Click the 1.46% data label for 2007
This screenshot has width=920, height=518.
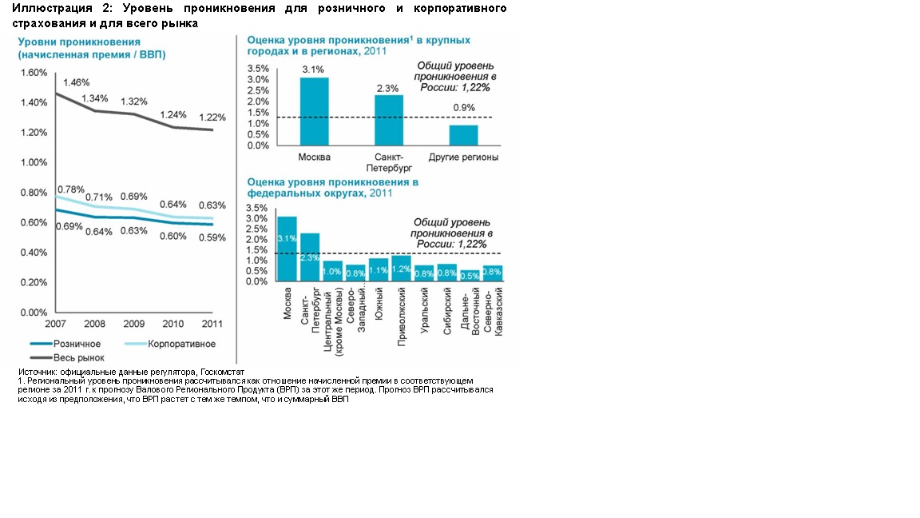(76, 82)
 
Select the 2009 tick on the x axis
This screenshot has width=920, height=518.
(134, 325)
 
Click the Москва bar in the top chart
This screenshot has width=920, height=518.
(314, 111)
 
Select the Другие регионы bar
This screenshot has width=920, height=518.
(463, 135)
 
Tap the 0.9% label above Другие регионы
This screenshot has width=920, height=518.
(463, 108)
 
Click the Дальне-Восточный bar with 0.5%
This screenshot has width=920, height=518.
(471, 276)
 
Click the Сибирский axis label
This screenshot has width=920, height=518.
(447, 308)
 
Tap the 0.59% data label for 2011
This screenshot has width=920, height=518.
(212, 237)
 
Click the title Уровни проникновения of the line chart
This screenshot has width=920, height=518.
(79, 42)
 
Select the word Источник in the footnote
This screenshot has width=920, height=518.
(39, 373)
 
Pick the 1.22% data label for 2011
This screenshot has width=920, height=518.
(212, 117)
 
